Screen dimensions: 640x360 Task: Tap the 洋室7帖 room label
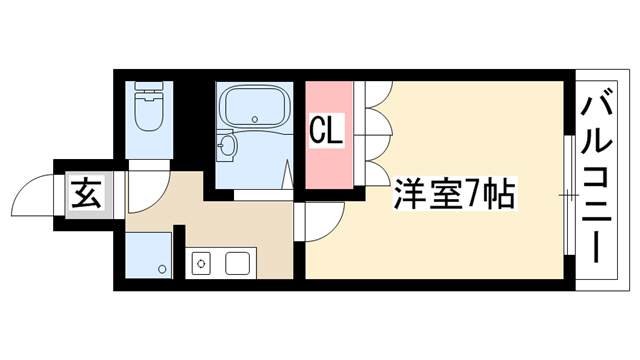pyautogui.click(x=454, y=194)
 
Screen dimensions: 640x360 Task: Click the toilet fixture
pyautogui.click(x=149, y=107)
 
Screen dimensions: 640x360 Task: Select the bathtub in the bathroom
pyautogui.click(x=255, y=107)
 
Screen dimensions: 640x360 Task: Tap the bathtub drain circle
pyautogui.click(x=255, y=120)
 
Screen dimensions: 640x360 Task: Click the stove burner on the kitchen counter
pyautogui.click(x=201, y=263)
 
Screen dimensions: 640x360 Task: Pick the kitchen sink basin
pyautogui.click(x=238, y=263)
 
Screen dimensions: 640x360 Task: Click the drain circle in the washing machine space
pyautogui.click(x=162, y=269)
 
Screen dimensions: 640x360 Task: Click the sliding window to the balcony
pyautogui.click(x=569, y=195)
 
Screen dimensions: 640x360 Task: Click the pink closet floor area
pyautogui.click(x=329, y=135)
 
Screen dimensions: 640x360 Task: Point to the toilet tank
pyautogui.click(x=149, y=88)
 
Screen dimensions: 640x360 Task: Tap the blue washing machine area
pyautogui.click(x=148, y=256)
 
